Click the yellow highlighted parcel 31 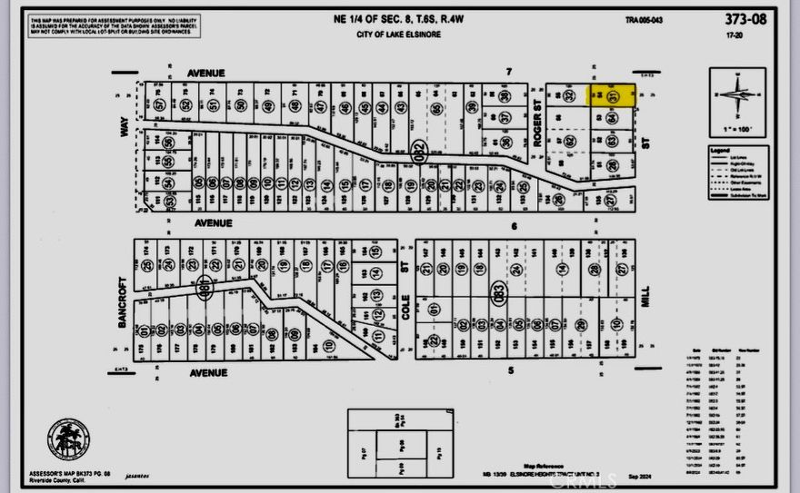(x=612, y=95)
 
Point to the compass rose (x=738, y=95)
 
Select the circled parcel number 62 (x=570, y=141)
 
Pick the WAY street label (x=125, y=131)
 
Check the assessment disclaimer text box (x=115, y=27)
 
